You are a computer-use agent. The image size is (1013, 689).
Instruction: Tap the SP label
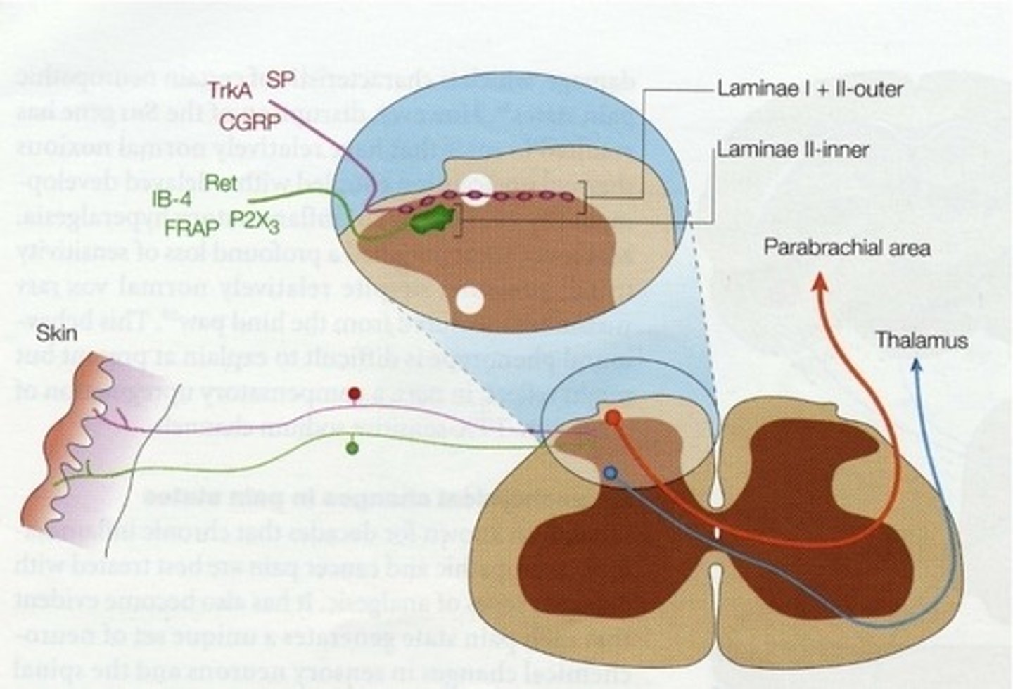[x=280, y=80]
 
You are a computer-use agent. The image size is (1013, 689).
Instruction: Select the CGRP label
[x=250, y=122]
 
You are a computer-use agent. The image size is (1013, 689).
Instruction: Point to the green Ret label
[x=222, y=183]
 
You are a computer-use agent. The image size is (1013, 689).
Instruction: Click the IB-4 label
[x=172, y=199]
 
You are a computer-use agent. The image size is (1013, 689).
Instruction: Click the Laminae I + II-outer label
[x=810, y=89]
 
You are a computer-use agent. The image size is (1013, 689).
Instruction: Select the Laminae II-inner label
[x=793, y=149]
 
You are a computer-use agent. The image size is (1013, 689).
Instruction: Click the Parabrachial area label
[x=847, y=248]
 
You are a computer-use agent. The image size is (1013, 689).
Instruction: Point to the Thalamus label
[x=922, y=341]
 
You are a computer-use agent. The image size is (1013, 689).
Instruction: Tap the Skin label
[x=57, y=332]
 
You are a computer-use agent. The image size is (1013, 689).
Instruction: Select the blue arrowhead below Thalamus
[x=915, y=365]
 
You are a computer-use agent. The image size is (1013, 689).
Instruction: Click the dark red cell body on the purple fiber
[x=355, y=393]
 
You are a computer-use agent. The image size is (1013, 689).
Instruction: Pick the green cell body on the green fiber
[x=352, y=448]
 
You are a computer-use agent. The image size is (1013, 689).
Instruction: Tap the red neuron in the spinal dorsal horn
[x=613, y=418]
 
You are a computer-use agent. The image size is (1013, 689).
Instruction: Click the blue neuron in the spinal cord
[x=610, y=474]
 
